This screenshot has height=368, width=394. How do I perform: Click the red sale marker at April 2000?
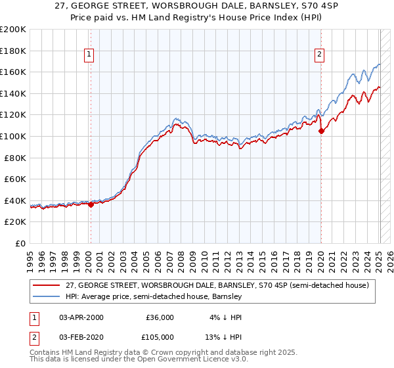tap(91, 204)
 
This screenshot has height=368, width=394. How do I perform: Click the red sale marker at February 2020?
tap(321, 131)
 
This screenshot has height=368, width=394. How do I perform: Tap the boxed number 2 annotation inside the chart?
tap(319, 55)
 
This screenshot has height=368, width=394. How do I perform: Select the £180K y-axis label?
tap(13, 51)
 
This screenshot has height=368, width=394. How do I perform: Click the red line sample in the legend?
tap(46, 286)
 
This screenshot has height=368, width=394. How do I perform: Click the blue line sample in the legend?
tap(46, 297)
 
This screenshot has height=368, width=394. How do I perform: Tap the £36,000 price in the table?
tap(160, 317)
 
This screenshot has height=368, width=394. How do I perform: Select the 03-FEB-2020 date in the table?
tap(81, 336)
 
